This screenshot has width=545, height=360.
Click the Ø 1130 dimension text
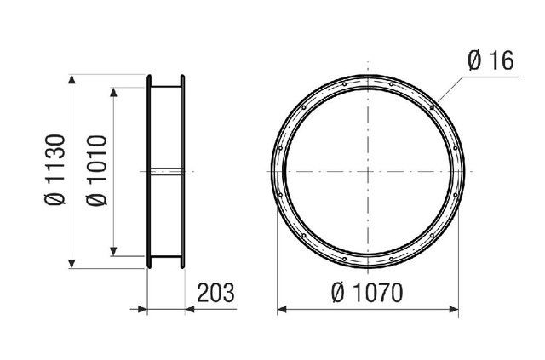pos(55,169)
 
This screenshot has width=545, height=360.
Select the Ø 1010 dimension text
pos(96,169)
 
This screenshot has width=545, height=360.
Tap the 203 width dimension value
pos(215,294)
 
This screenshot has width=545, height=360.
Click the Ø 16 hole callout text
pos(495,61)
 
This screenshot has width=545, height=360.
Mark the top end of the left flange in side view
pos(149,78)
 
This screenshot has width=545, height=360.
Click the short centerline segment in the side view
pos(166,171)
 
